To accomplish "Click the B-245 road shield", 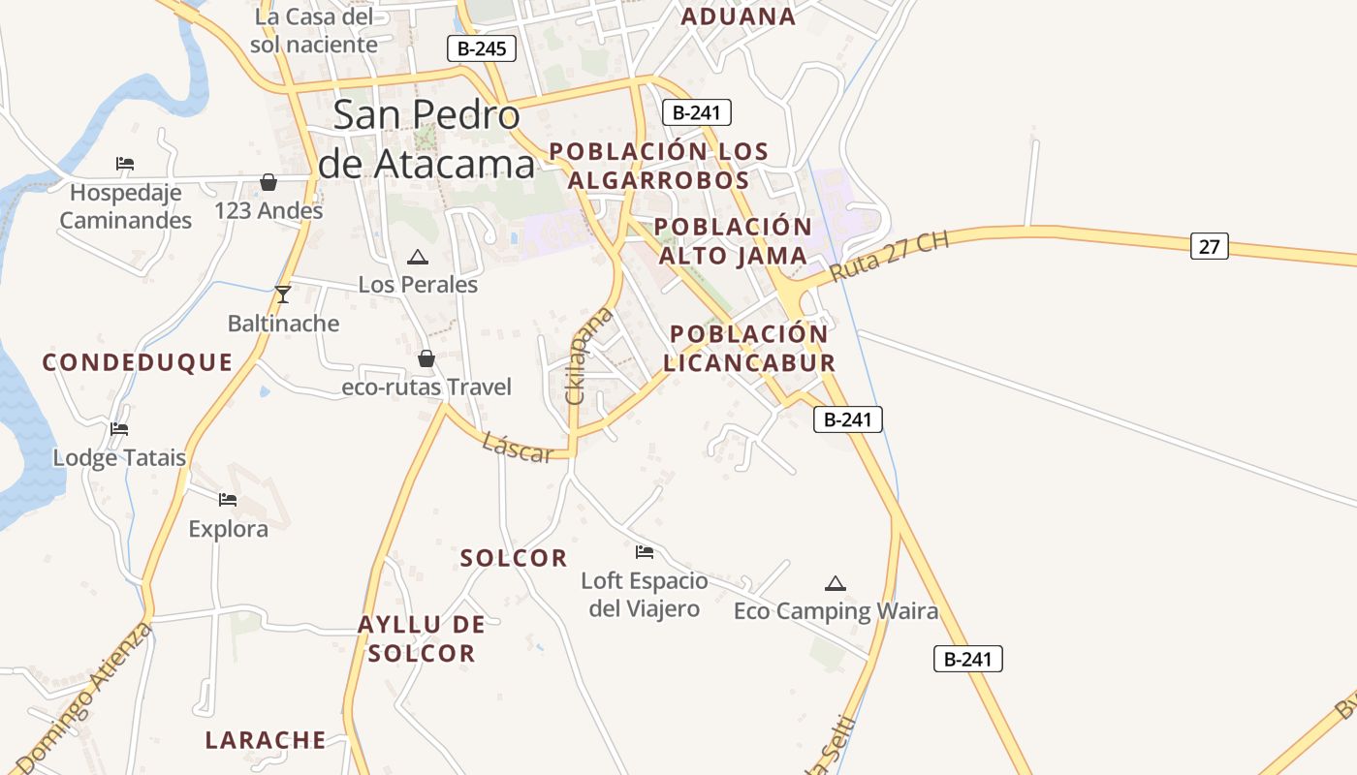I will tap(482, 48).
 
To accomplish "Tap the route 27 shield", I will tap(1209, 246).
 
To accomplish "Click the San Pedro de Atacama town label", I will tap(426, 139).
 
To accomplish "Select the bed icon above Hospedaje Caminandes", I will tap(125, 163).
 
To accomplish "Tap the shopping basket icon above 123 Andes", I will tap(268, 181).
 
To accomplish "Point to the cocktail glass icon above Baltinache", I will tap(282, 294).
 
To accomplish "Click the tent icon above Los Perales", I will tap(418, 257).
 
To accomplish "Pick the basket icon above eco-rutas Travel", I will tap(426, 358).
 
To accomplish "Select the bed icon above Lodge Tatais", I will tap(119, 428).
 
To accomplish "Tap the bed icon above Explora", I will tap(228, 499).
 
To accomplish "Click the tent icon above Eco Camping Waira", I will tap(836, 583).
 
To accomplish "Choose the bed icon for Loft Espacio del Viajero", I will tap(645, 552).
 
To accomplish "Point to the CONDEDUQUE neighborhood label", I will tap(138, 362).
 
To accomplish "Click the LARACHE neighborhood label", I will tap(266, 740).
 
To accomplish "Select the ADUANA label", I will tap(739, 15).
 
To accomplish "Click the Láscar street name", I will tap(518, 447).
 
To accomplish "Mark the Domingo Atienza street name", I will tap(85, 697).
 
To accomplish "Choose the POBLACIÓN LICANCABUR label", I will tap(749, 348).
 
